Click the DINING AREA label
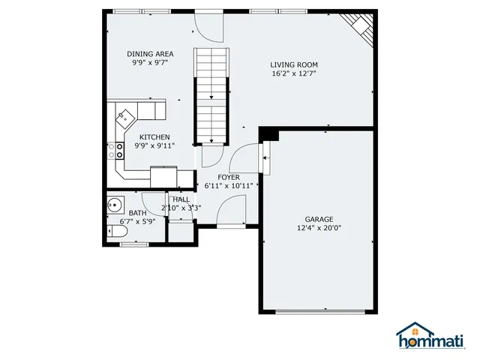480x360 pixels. pyautogui.click(x=150, y=54)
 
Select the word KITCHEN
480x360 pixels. pyautogui.click(x=154, y=137)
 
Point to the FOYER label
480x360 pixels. pyautogui.click(x=229, y=177)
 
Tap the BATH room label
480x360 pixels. pyautogui.click(x=136, y=213)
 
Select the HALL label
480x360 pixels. pyautogui.click(x=181, y=199)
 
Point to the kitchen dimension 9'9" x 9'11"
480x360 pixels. pyautogui.click(x=154, y=145)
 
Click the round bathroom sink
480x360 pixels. pyautogui.click(x=115, y=204)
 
